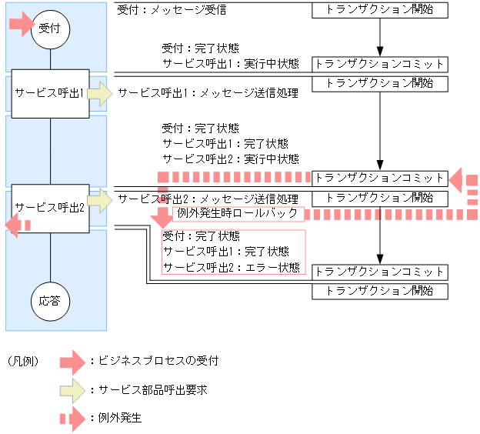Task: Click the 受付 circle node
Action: tap(50, 27)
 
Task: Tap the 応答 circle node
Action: tap(50, 300)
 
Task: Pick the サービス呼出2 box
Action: tap(49, 208)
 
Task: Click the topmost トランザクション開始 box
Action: tap(379, 10)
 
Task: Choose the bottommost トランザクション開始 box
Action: tap(379, 291)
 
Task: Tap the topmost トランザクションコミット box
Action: tap(379, 63)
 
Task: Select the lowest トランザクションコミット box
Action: tap(379, 272)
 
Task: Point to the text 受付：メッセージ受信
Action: tap(172, 11)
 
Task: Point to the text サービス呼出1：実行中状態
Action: tap(231, 63)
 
